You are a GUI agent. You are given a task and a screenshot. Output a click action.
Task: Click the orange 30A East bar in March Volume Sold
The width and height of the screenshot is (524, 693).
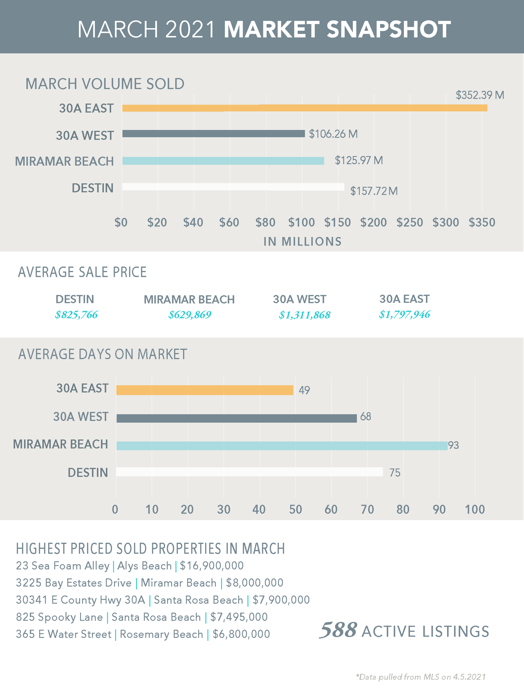[305, 108]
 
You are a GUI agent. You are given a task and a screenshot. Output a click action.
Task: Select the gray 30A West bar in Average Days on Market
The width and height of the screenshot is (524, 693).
[236, 418]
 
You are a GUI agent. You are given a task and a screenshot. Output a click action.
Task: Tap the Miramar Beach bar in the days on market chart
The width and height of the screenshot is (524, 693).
[282, 446]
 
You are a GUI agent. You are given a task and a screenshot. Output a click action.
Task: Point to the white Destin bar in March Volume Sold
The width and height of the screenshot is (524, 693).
[233, 187]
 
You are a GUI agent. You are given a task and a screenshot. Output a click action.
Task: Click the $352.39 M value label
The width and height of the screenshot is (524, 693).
[480, 95]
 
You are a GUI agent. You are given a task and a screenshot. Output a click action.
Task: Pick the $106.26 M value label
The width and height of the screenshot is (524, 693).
[333, 134]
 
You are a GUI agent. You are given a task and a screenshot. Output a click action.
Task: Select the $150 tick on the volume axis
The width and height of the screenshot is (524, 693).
[338, 222]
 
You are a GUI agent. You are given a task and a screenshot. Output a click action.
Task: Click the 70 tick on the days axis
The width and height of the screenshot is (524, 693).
[367, 509]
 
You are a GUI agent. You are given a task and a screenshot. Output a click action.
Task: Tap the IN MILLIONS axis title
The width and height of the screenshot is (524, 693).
[303, 242]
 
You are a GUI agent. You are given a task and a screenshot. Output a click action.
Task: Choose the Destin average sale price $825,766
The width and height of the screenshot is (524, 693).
[77, 315]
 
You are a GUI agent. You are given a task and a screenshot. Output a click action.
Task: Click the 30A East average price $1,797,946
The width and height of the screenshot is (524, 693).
[404, 315]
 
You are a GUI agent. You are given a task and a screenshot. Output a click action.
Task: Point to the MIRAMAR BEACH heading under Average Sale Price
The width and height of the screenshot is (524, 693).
[189, 299]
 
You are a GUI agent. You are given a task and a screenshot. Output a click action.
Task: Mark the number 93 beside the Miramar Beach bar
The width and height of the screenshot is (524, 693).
[453, 445]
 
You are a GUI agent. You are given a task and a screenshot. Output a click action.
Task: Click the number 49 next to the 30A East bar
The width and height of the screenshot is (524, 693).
[304, 391]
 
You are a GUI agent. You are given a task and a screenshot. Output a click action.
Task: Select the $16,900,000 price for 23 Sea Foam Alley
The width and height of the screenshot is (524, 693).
[212, 566]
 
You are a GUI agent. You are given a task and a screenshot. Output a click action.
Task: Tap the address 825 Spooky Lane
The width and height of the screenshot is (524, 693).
[60, 617]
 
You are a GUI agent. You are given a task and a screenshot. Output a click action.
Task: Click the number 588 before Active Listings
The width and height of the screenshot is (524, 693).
[338, 630]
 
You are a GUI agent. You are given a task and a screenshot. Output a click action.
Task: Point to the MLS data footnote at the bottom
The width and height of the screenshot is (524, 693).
[421, 677]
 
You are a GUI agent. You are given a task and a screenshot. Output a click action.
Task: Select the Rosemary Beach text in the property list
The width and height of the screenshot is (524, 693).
[161, 634]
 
